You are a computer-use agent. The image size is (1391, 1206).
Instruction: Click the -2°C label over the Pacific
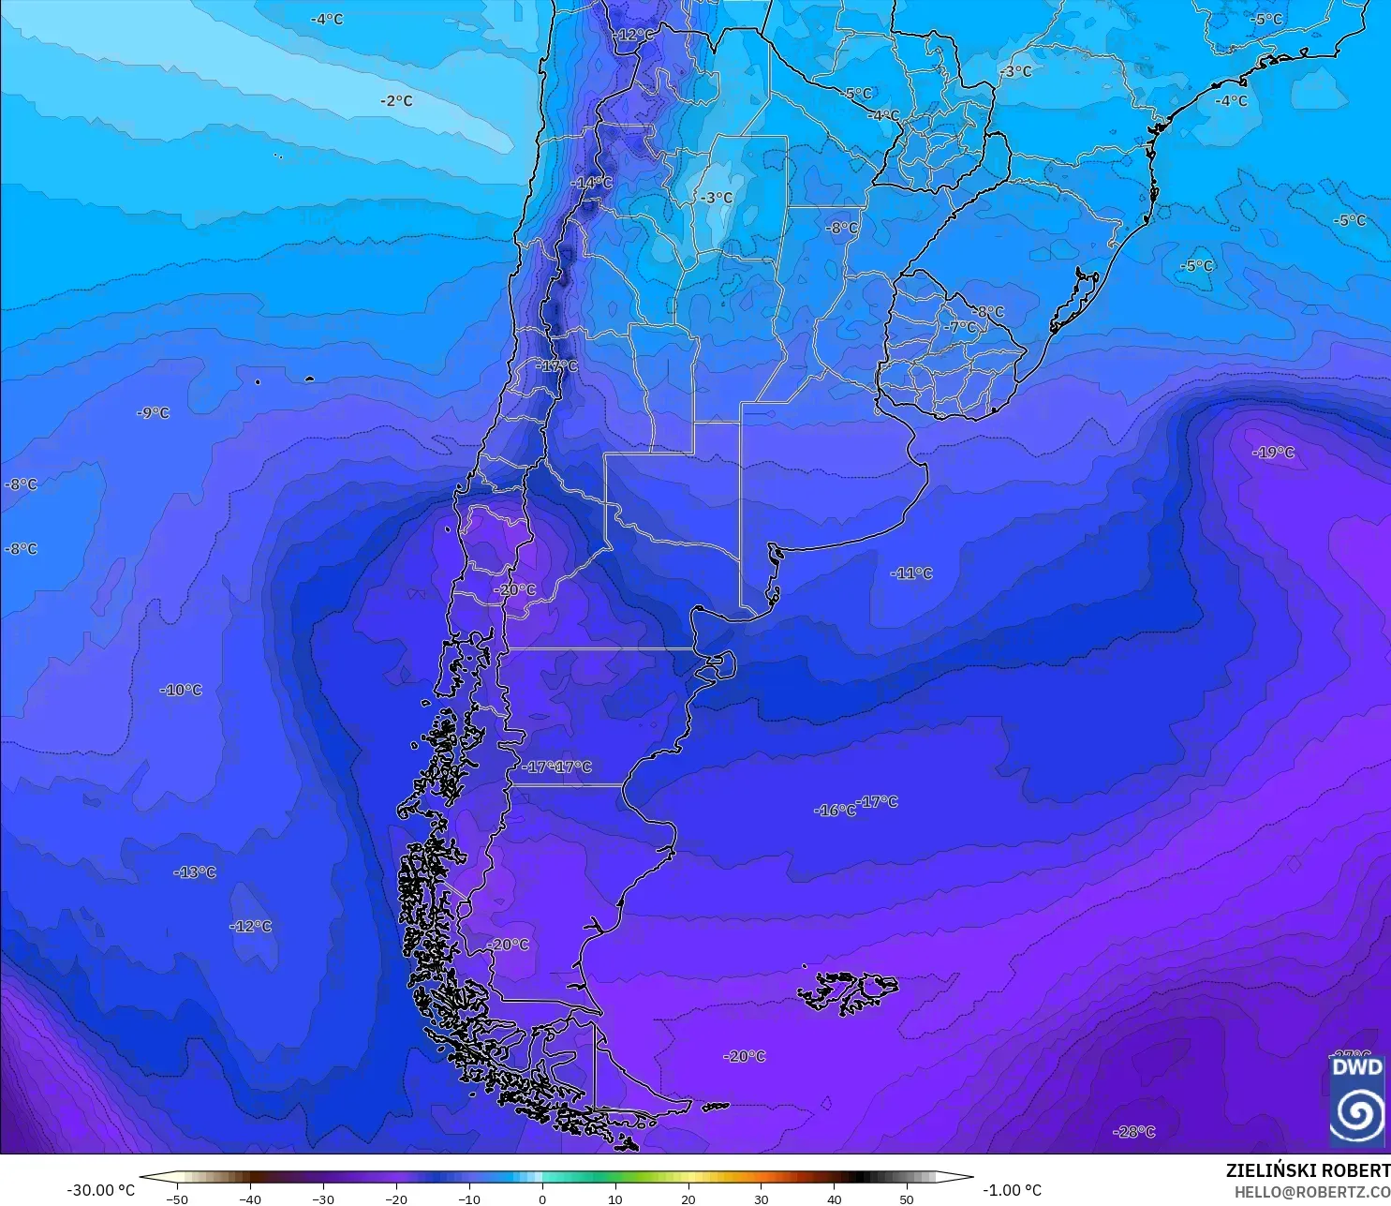coord(396,100)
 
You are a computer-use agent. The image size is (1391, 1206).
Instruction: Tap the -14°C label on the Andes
coord(592,183)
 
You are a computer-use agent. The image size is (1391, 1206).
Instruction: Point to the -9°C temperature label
coord(154,412)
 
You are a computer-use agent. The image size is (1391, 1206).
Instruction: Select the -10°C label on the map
coord(182,690)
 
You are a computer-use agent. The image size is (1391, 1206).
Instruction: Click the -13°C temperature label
coord(195,872)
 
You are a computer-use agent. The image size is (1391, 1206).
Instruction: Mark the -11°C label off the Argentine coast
coord(912,573)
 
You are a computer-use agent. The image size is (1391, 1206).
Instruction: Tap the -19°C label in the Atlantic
coord(1274,453)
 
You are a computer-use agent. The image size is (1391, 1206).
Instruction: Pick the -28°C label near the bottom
coord(1134,1132)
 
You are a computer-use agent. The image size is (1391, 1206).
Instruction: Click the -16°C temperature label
coord(834,811)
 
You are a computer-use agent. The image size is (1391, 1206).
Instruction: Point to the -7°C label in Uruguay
coord(962,328)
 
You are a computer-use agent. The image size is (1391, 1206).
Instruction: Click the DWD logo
coord(1357,1101)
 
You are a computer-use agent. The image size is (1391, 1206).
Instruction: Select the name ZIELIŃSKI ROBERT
coord(1308,1170)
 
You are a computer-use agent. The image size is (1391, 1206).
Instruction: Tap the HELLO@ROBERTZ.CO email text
coord(1311,1192)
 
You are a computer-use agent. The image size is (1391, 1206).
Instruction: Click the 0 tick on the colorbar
coord(542,1199)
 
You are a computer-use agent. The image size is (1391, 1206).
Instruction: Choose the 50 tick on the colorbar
coord(906,1199)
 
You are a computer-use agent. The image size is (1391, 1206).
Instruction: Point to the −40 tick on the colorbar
coord(249,1199)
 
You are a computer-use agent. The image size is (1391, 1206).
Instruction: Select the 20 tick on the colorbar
coord(688,1199)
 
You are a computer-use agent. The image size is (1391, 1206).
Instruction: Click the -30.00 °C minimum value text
coord(101,1190)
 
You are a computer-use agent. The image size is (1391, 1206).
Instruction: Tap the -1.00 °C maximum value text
coord(1012,1190)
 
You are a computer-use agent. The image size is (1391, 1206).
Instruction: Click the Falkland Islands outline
coord(848,991)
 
